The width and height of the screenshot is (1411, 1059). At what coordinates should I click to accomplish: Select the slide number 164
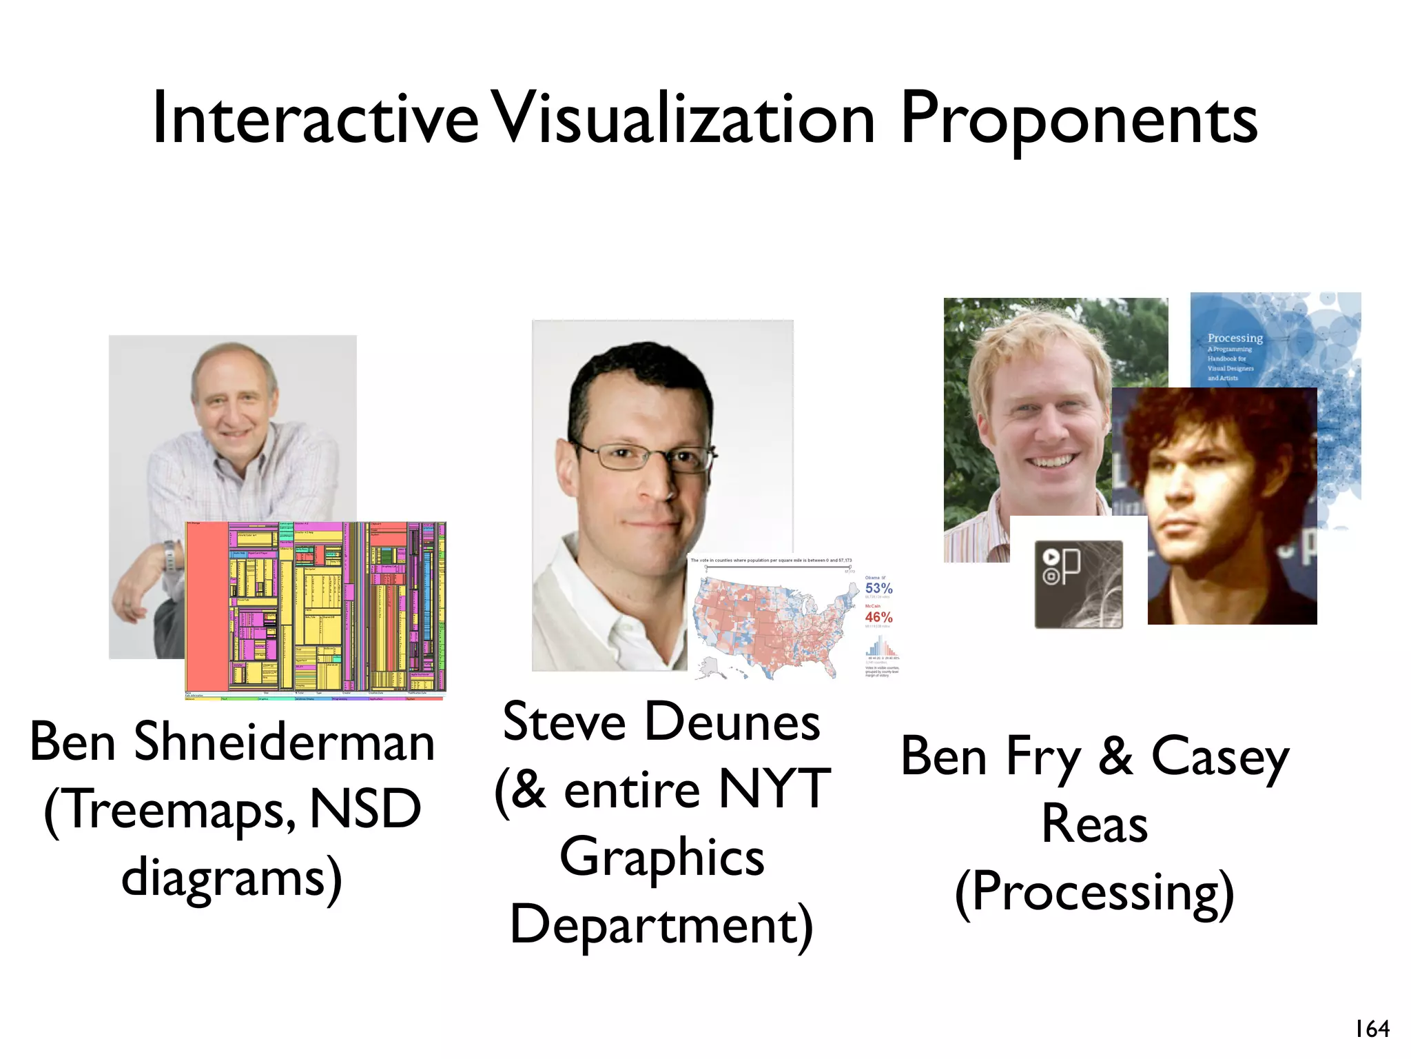[x=1372, y=1029]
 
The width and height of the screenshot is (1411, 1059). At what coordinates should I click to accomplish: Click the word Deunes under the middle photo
[x=732, y=723]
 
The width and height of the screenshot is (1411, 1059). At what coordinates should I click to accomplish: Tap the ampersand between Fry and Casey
[x=1115, y=756]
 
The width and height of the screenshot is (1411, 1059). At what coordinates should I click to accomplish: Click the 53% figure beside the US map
[x=878, y=588]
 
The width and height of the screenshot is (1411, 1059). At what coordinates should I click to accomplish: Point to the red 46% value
[x=878, y=617]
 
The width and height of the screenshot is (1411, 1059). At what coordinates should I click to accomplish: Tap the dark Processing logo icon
[x=1078, y=584]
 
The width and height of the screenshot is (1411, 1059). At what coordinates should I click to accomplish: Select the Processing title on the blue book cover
[x=1235, y=338]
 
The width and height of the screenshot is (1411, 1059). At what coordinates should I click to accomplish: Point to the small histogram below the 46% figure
[x=880, y=646]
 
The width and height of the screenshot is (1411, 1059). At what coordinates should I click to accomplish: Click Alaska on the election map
[x=709, y=666]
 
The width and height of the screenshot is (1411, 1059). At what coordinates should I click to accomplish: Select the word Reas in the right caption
[x=1095, y=824]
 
